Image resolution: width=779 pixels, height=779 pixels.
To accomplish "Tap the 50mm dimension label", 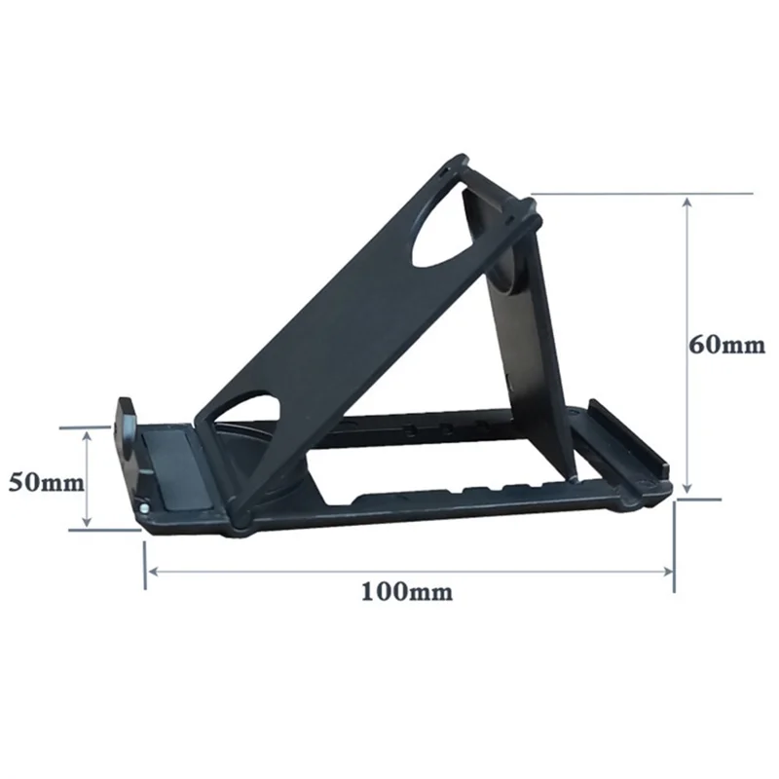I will coord(40,480).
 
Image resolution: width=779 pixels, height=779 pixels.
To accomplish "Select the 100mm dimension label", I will coord(407,590).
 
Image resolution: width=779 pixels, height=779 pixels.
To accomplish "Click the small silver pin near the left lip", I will coord(144,506).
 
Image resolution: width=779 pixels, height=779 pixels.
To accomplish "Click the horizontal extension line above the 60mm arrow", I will coord(623,194).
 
